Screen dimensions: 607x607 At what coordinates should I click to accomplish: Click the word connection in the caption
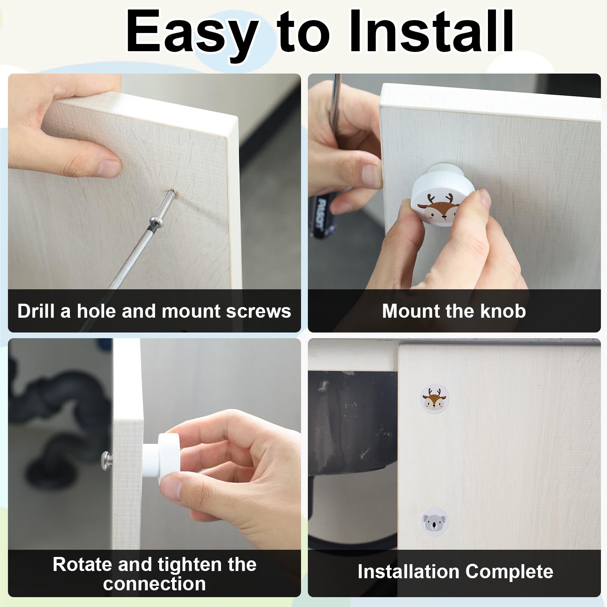(x=154, y=584)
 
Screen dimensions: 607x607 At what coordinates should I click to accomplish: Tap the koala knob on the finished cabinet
(x=434, y=522)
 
